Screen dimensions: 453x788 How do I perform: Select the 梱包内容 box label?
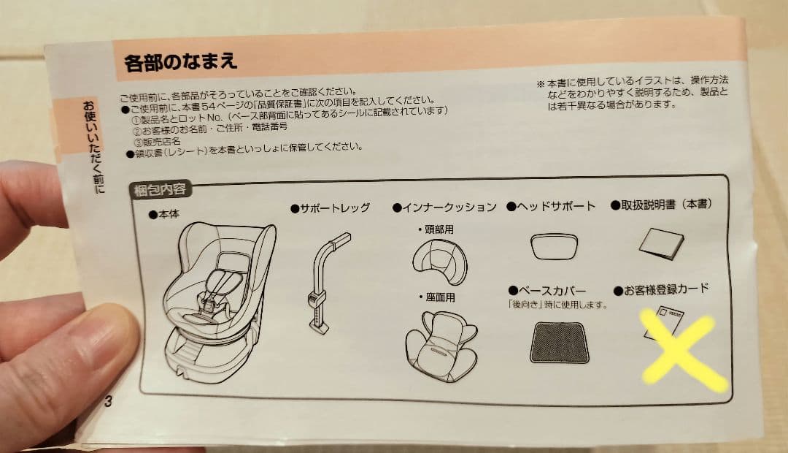pos(160,191)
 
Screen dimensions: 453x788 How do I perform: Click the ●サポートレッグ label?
pos(330,208)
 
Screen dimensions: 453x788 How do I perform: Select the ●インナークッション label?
pos(444,208)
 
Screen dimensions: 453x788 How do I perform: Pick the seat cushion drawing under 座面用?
pos(441,343)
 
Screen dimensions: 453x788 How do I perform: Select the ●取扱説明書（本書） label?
pos(661,205)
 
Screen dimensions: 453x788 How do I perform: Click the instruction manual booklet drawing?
pos(661,245)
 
